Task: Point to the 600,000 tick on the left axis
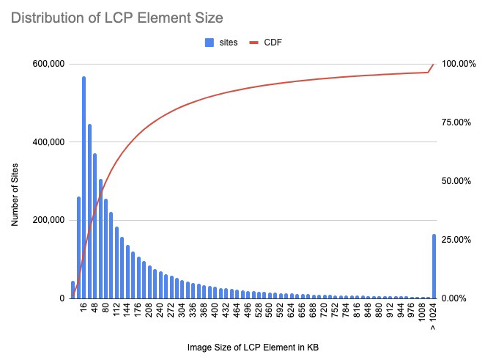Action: pyautogui.click(x=45, y=64)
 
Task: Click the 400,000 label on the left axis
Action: pyautogui.click(x=45, y=142)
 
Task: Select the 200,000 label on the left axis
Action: pyautogui.click(x=45, y=220)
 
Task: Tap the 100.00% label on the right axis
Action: pyautogui.click(x=459, y=64)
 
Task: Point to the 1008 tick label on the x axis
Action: pyautogui.click(x=423, y=312)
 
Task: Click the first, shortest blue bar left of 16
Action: pyautogui.click(x=73, y=290)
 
